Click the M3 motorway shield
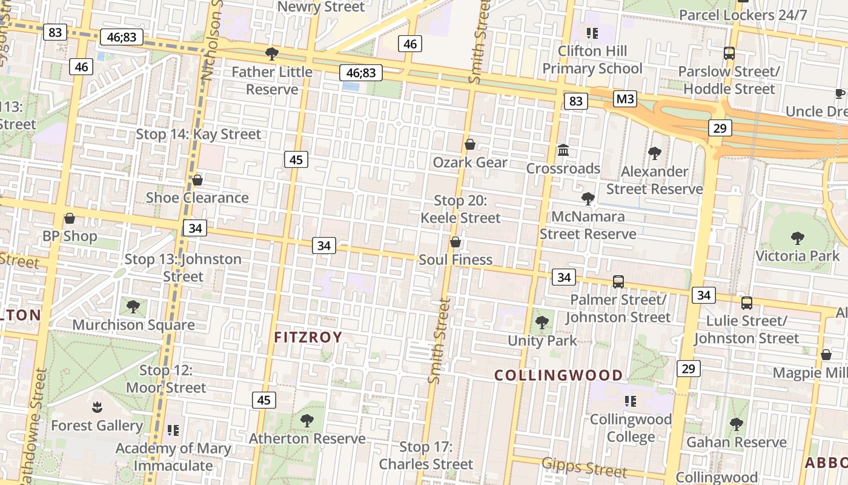624,99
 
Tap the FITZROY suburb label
308,337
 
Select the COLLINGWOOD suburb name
558,375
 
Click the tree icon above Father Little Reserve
272,54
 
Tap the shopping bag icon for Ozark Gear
469,144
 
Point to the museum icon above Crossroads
563,150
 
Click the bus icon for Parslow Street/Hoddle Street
729,53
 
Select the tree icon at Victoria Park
797,238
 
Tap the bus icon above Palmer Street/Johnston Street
618,281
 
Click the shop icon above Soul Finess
455,242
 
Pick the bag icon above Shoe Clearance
197,180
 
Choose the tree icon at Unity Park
542,323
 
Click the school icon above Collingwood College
630,401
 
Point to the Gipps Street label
585,467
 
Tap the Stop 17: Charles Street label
426,456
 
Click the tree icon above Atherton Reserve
307,420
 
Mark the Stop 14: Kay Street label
198,134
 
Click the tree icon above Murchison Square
133,307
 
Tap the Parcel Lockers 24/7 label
743,15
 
